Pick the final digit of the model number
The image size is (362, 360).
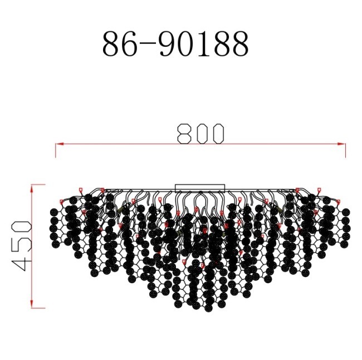tap(239, 45)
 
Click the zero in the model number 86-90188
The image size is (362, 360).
tap(188, 45)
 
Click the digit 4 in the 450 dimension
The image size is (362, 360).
tap(21, 261)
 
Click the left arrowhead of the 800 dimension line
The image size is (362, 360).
tap(58, 144)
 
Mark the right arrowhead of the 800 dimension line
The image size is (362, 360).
tap(343, 144)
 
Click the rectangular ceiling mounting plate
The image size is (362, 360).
tap(200, 188)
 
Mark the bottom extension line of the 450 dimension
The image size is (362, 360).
tap(38, 307)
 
